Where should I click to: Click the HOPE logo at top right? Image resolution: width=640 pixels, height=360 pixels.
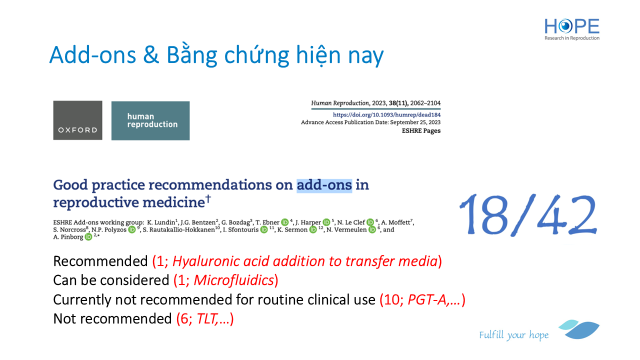coord(571,29)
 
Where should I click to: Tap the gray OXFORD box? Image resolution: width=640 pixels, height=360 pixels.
coord(77,120)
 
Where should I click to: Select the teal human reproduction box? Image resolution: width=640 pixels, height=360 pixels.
coord(150,120)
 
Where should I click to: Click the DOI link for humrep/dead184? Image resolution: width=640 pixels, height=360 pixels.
coord(386,115)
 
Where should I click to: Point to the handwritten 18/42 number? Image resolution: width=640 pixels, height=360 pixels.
coord(528,215)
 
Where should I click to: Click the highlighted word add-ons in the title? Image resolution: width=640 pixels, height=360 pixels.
coord(324,185)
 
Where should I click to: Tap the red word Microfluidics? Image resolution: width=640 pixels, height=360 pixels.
coord(234,280)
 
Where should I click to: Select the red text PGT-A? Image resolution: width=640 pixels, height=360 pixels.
coord(426,299)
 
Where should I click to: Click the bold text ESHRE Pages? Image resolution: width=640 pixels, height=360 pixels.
coord(421,131)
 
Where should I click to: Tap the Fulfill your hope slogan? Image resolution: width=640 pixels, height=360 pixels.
coord(513,335)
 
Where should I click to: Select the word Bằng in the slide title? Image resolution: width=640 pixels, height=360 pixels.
coord(191,55)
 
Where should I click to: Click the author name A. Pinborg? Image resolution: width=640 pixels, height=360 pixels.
coord(68,237)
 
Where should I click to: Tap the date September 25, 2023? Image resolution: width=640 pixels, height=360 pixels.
coord(415,122)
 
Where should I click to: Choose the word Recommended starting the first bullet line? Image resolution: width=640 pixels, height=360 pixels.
coord(100,261)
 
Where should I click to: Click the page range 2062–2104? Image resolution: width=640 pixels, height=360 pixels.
coord(425,103)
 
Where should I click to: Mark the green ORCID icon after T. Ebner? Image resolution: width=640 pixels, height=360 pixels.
coord(285,222)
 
